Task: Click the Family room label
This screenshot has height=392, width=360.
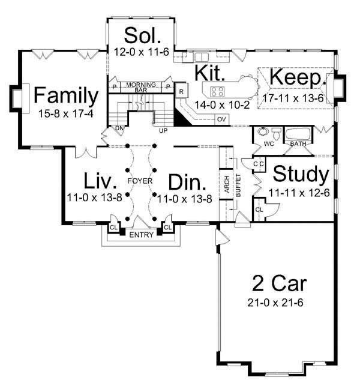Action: [x=65, y=95]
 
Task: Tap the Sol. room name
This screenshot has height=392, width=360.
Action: [x=141, y=34]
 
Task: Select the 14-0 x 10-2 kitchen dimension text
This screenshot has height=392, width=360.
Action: [x=215, y=104]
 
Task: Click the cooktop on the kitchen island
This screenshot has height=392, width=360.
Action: [x=217, y=92]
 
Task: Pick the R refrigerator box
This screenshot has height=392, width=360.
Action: [x=181, y=91]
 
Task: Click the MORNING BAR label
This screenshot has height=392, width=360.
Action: [x=141, y=86]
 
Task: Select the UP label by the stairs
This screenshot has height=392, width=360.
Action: [x=162, y=129]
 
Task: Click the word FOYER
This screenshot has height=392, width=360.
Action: [x=140, y=180]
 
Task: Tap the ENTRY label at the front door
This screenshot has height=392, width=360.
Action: [x=141, y=234]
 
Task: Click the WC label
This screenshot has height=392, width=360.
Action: [x=269, y=145]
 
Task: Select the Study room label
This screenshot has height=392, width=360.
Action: [x=301, y=175]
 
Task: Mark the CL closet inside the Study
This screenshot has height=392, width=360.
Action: [x=259, y=210]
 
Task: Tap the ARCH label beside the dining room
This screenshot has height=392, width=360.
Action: [x=227, y=187]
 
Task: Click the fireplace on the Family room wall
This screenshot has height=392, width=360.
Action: [x=16, y=96]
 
